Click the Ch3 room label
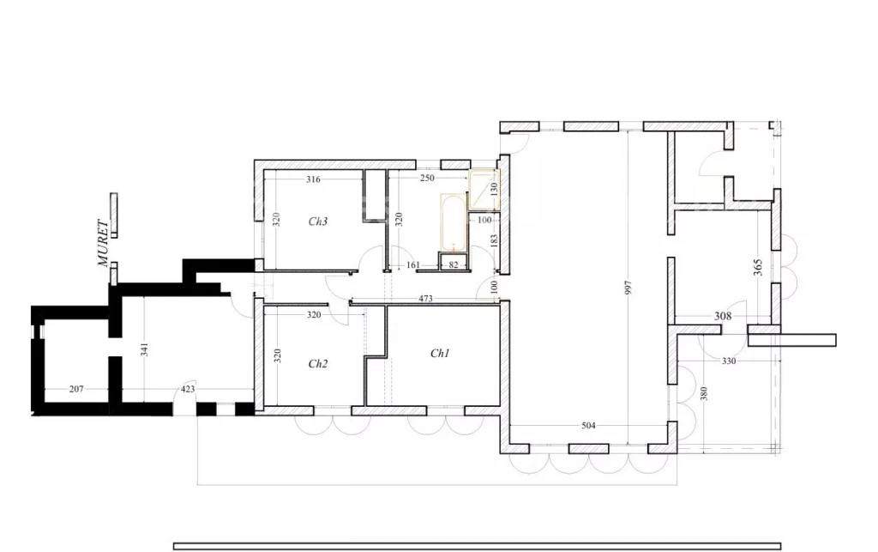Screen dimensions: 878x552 click(317, 221)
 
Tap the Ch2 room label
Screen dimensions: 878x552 click(317, 364)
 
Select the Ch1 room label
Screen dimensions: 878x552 click(440, 354)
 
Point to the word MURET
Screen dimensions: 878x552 click(103, 243)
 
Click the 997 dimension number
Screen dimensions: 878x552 click(628, 288)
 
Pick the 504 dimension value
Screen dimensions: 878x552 click(588, 426)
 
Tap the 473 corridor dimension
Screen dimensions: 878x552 click(425, 299)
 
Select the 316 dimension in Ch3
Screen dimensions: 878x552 click(313, 179)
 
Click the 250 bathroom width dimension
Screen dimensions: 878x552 click(427, 179)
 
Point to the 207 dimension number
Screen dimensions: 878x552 click(76, 389)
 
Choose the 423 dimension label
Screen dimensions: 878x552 click(188, 389)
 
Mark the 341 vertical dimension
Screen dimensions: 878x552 click(145, 350)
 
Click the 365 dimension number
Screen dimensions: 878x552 click(758, 267)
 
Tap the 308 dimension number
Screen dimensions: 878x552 click(723, 316)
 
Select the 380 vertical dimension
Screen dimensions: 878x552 click(704, 393)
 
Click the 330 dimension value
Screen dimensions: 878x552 click(729, 361)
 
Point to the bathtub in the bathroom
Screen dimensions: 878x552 click(453, 223)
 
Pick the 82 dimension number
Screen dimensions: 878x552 click(454, 265)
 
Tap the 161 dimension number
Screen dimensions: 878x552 click(412, 265)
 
